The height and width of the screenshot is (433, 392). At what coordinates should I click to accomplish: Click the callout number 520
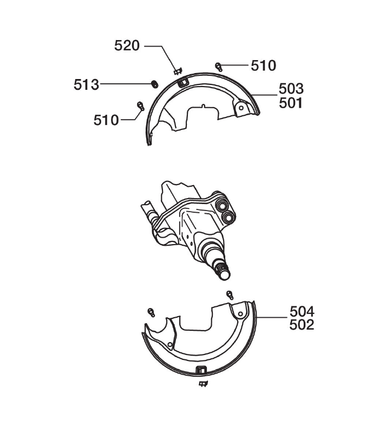tap(127, 45)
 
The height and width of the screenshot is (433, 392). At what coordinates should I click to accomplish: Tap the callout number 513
tap(86, 84)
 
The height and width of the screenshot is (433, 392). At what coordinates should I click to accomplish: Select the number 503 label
tap(291, 89)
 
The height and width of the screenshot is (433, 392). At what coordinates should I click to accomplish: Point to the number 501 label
tap(291, 103)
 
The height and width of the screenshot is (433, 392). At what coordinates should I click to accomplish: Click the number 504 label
tap(302, 312)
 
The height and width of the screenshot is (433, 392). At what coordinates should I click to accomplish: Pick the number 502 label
tap(302, 325)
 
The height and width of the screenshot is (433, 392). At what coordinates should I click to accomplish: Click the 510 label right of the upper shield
tap(264, 65)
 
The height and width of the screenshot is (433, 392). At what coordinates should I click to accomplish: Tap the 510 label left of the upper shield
tap(106, 120)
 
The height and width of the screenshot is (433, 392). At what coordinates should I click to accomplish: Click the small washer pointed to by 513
tap(155, 84)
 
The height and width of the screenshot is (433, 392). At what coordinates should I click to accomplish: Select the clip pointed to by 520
tap(178, 71)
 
